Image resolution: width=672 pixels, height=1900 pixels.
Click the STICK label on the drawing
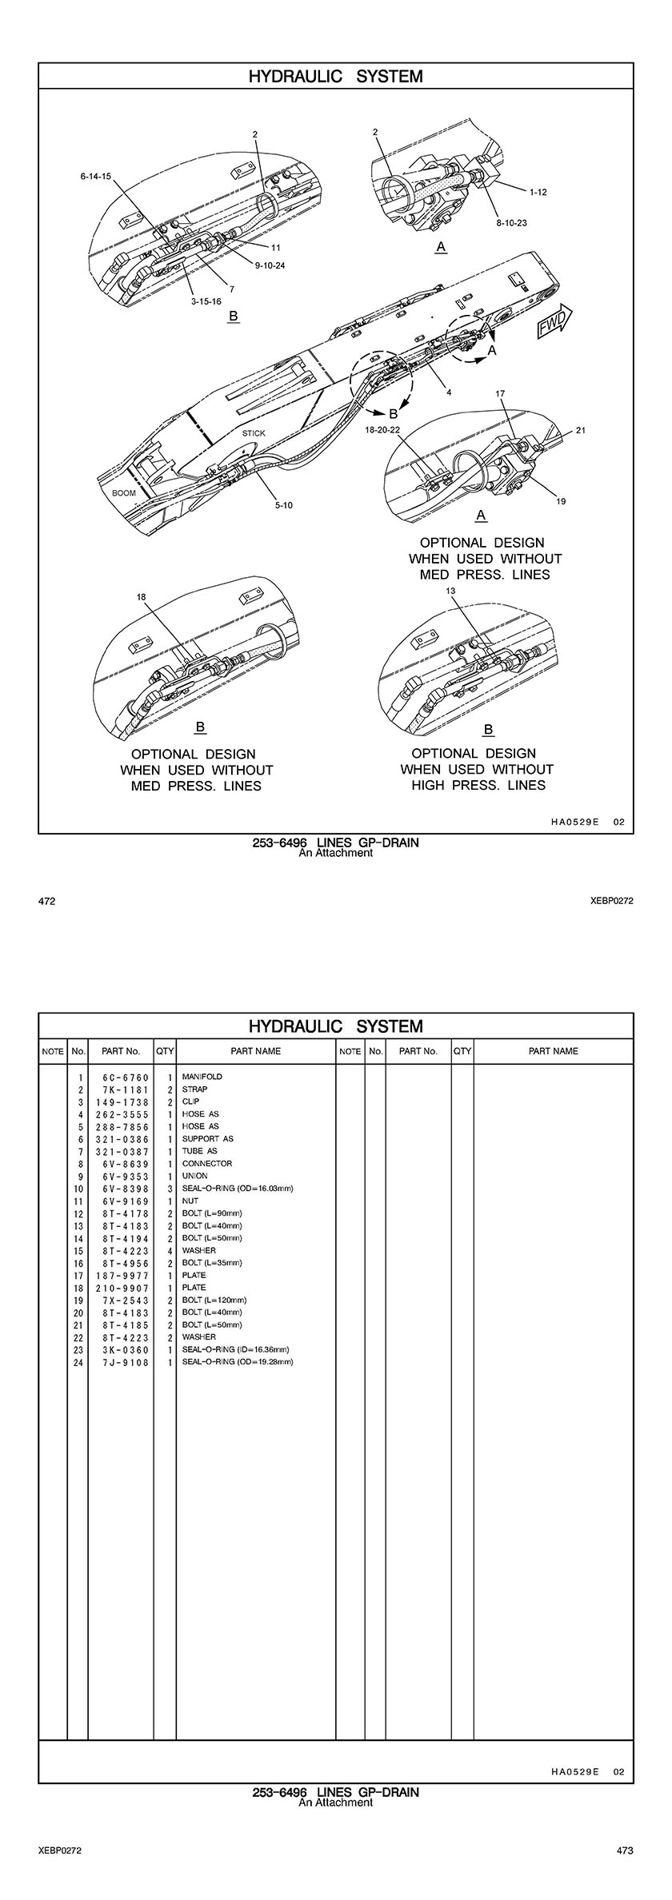click(x=254, y=433)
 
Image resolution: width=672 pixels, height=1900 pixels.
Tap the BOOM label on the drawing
click(x=124, y=493)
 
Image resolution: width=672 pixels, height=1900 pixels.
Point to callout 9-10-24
click(x=270, y=265)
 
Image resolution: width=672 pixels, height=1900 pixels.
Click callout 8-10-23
click(x=511, y=223)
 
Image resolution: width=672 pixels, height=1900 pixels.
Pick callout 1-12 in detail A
click(x=538, y=192)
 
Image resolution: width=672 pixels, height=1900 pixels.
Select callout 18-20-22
click(x=382, y=429)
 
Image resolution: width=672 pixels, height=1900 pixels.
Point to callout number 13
click(x=450, y=591)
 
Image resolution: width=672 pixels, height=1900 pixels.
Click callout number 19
click(x=561, y=501)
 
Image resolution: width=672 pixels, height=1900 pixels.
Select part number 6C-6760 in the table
click(x=121, y=1077)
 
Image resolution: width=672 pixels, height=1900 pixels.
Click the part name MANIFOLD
click(x=202, y=1077)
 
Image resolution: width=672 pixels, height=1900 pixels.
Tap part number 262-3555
click(x=121, y=1114)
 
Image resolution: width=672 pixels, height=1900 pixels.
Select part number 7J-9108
click(x=121, y=1362)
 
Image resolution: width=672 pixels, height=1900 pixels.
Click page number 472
click(x=47, y=902)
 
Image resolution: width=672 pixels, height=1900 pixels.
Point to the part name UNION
click(x=195, y=1176)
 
